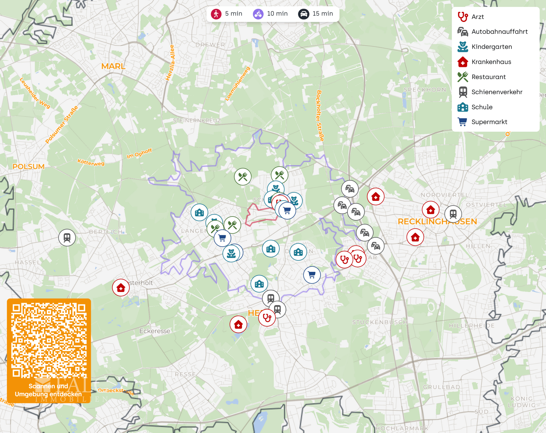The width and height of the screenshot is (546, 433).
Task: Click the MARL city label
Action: coord(113,66)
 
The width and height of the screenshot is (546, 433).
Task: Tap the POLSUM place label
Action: coord(29,167)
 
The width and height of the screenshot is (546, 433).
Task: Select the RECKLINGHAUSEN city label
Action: coord(437,222)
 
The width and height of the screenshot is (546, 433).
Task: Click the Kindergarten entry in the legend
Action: coord(491,47)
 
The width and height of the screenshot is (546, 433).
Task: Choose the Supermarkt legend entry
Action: coord(489,122)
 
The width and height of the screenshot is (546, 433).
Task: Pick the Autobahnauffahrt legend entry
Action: coord(499,32)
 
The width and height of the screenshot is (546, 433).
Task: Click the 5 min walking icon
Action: coord(216,14)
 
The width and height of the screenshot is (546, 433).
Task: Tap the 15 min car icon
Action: coord(303,14)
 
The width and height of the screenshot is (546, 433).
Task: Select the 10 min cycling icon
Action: coord(258,14)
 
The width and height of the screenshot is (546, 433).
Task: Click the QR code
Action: coord(49,340)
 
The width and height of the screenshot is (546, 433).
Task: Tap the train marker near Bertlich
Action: coord(67,238)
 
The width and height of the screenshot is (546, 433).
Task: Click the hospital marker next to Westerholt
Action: coord(121,288)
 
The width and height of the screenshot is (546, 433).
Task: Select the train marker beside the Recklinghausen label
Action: coord(453,214)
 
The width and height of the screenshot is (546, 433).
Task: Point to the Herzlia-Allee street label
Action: coord(170,63)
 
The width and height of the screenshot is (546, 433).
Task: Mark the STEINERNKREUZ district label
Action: coord(197,121)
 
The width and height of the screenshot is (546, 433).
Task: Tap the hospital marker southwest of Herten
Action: coord(238,324)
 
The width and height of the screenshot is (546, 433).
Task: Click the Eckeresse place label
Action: coord(155,331)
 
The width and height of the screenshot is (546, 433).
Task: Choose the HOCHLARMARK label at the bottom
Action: coord(402,428)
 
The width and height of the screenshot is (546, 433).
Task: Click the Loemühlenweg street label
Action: coord(237,84)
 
